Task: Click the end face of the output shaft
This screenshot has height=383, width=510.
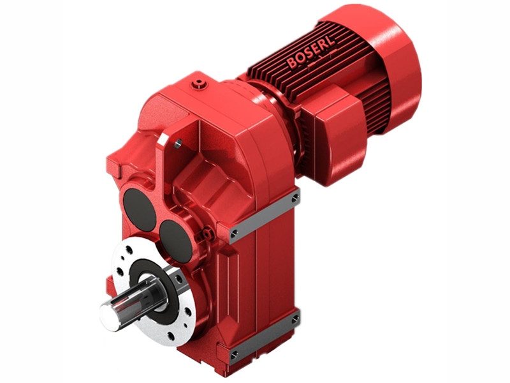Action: tap(108, 315)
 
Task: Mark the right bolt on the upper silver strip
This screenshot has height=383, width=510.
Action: tap(295, 199)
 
